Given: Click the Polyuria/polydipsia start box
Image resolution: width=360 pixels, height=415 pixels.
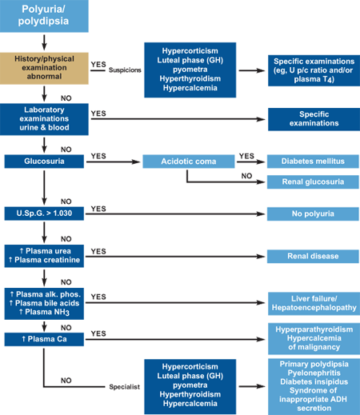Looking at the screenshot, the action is [44, 16].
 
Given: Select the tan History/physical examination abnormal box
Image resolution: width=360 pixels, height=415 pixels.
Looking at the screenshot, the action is [44, 68].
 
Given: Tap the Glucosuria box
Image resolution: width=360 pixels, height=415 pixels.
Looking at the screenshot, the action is [44, 162].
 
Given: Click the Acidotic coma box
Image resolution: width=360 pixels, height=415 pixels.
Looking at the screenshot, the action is [189, 162].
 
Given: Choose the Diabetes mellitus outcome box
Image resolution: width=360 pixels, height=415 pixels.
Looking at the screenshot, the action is [313, 162].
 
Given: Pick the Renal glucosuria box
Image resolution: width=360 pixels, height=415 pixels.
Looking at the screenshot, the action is [313, 182].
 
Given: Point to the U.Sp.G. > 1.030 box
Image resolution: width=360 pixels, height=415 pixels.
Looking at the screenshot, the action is [44, 213].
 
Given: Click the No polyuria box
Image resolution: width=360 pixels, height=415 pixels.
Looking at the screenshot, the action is [313, 213].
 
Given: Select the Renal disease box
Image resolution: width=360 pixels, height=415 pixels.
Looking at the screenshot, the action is [313, 257].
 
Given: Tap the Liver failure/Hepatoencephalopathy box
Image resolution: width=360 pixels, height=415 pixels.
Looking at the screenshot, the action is [314, 303].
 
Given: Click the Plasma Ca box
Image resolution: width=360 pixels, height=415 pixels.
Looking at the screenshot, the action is [44, 339].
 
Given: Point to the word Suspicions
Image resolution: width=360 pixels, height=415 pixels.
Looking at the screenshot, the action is [125, 70].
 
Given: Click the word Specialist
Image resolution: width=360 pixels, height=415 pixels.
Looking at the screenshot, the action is [125, 387].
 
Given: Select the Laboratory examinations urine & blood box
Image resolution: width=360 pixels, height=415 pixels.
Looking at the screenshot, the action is [44, 119].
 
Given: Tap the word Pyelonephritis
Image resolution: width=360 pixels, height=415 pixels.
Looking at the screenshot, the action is [314, 373].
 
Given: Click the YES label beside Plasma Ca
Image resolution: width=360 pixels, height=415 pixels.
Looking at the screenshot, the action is [98, 333].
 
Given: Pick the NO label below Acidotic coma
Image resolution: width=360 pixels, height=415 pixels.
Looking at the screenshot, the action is [246, 176].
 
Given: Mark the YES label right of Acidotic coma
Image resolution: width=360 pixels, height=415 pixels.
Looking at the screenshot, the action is [246, 156].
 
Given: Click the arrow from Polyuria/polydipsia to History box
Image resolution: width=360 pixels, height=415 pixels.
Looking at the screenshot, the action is [44, 42].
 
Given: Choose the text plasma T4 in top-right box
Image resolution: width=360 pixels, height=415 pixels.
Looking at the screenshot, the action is [314, 79].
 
